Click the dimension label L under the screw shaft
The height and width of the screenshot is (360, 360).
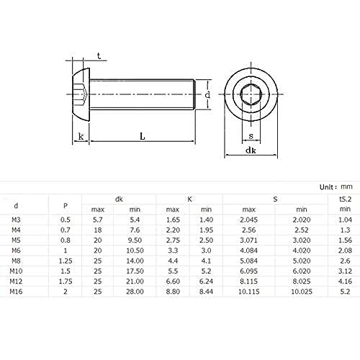(x=143, y=136)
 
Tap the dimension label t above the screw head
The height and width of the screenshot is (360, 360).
(x=99, y=56)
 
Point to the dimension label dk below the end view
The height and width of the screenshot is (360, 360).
(x=251, y=150)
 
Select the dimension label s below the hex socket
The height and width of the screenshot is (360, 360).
(x=251, y=136)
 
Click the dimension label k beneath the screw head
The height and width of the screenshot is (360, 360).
(x=81, y=136)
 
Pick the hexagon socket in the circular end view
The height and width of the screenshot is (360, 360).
(x=251, y=94)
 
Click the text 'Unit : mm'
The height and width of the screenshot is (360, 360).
(x=336, y=186)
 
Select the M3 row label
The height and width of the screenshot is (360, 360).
(x=16, y=220)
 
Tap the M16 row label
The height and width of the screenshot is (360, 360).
(x=16, y=292)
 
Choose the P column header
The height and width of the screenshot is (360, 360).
(x=66, y=206)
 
